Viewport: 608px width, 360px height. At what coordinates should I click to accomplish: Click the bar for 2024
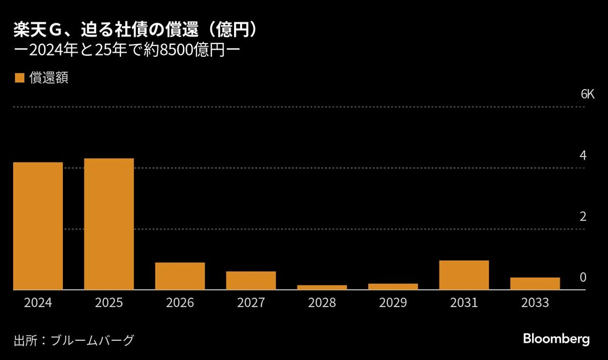coord(38,226)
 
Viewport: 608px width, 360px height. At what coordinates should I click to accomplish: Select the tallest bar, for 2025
coord(109,224)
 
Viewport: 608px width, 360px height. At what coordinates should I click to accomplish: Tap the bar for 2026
coord(180,276)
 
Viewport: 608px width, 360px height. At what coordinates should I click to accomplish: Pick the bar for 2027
coord(251,281)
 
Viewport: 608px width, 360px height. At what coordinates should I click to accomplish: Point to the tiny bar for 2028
coord(322,287)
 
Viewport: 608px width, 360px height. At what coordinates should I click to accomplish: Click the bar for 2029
coord(393,287)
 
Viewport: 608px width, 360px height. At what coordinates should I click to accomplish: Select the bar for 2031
coord(464,275)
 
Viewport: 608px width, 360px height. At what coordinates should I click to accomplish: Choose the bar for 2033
coord(535,284)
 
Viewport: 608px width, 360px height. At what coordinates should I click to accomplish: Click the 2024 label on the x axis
coord(38,303)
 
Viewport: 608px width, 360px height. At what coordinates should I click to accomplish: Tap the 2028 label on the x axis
coord(322,303)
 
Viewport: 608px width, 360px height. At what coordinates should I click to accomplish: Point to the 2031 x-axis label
coord(464,303)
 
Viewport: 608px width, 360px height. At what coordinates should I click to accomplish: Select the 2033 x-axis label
coord(535,303)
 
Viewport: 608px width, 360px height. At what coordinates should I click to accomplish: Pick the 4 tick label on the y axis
coord(583,155)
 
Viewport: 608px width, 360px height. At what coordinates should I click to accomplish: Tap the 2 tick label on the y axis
coord(583,217)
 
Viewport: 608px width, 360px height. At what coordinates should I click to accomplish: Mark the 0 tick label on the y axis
coord(583,277)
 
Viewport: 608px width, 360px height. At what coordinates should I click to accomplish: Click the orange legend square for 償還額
coord(20,78)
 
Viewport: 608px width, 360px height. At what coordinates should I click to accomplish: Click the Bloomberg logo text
coord(556,339)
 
